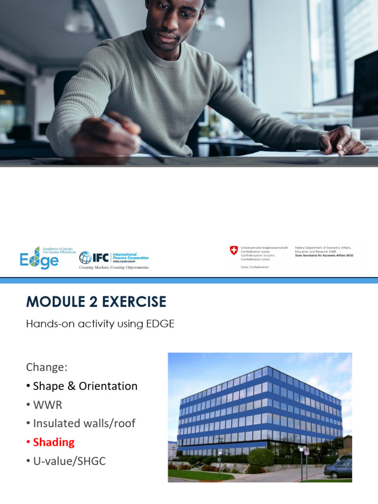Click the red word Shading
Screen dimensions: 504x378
(x=54, y=442)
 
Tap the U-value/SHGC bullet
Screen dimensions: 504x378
(x=69, y=461)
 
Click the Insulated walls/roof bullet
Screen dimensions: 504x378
(x=84, y=423)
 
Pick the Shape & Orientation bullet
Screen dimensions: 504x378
(x=85, y=386)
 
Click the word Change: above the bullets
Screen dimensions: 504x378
(x=46, y=367)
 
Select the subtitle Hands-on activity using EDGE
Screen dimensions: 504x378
(x=100, y=324)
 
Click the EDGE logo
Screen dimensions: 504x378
(x=39, y=257)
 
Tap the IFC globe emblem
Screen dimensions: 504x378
(x=85, y=257)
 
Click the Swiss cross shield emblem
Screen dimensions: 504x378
(x=234, y=251)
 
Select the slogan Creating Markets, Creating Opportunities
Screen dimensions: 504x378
(x=114, y=267)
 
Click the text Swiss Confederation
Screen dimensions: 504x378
(x=254, y=266)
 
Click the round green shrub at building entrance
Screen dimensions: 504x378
(x=261, y=457)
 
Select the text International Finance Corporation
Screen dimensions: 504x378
(x=131, y=256)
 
